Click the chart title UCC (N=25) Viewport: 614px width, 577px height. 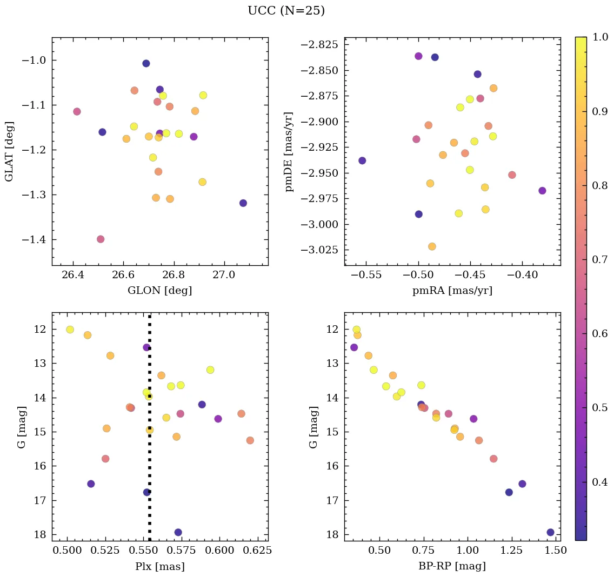pyautogui.click(x=286, y=11)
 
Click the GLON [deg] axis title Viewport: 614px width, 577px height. pyautogui.click(x=159, y=291)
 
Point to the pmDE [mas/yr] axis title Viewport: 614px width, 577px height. pyautogui.click(x=289, y=151)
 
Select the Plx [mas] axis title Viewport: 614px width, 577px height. pyautogui.click(x=159, y=566)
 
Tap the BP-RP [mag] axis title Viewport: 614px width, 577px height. pyautogui.click(x=452, y=566)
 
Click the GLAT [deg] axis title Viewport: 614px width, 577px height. pyautogui.click(x=9, y=151)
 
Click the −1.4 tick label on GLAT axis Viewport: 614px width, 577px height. pyautogui.click(x=34, y=239)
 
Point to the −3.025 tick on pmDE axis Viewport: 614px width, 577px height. pyautogui.click(x=322, y=250)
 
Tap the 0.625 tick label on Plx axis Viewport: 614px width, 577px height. pyautogui.click(x=250, y=551)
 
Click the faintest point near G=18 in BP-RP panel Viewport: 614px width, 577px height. pyautogui.click(x=550, y=532)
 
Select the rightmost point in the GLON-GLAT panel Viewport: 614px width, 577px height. pyautogui.click(x=243, y=203)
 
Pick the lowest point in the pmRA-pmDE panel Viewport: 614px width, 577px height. pyautogui.click(x=432, y=246)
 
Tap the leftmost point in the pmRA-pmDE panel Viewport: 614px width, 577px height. pyautogui.click(x=362, y=160)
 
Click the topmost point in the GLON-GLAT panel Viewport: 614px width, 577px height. pyautogui.click(x=146, y=63)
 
